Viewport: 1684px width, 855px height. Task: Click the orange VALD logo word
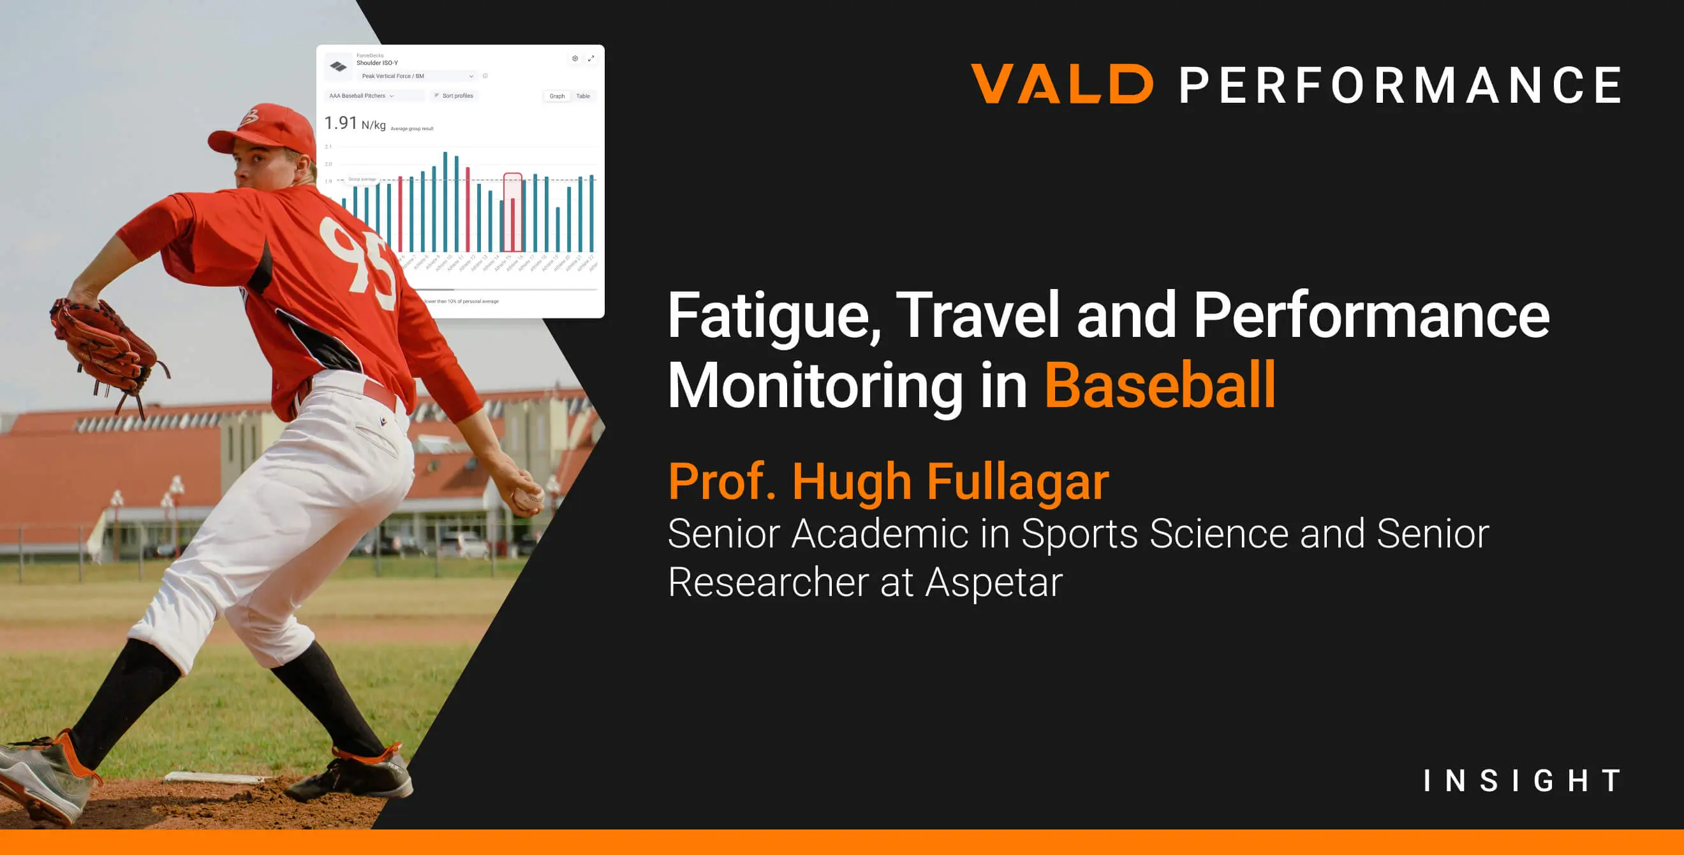(1061, 84)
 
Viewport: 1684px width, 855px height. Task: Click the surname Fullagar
(1018, 482)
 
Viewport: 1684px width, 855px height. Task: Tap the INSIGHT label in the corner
(1522, 780)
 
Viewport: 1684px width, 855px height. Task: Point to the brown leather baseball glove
(105, 346)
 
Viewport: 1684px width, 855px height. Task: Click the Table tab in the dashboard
(583, 96)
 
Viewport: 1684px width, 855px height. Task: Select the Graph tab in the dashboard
(557, 96)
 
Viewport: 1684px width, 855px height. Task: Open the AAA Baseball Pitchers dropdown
(362, 96)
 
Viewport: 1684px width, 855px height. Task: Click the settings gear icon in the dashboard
(575, 59)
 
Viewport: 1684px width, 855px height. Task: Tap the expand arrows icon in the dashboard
(591, 59)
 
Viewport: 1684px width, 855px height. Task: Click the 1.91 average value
(341, 123)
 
